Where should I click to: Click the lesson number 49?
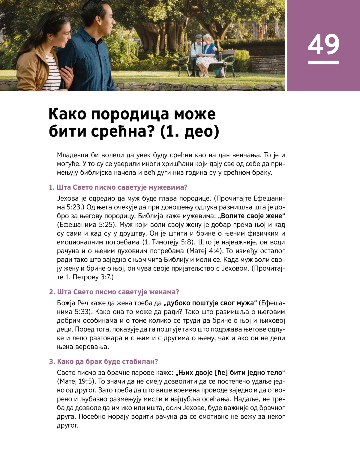323,44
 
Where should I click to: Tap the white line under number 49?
323,62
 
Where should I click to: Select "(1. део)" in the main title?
190,131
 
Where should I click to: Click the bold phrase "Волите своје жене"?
252,216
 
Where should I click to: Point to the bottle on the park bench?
220,56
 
